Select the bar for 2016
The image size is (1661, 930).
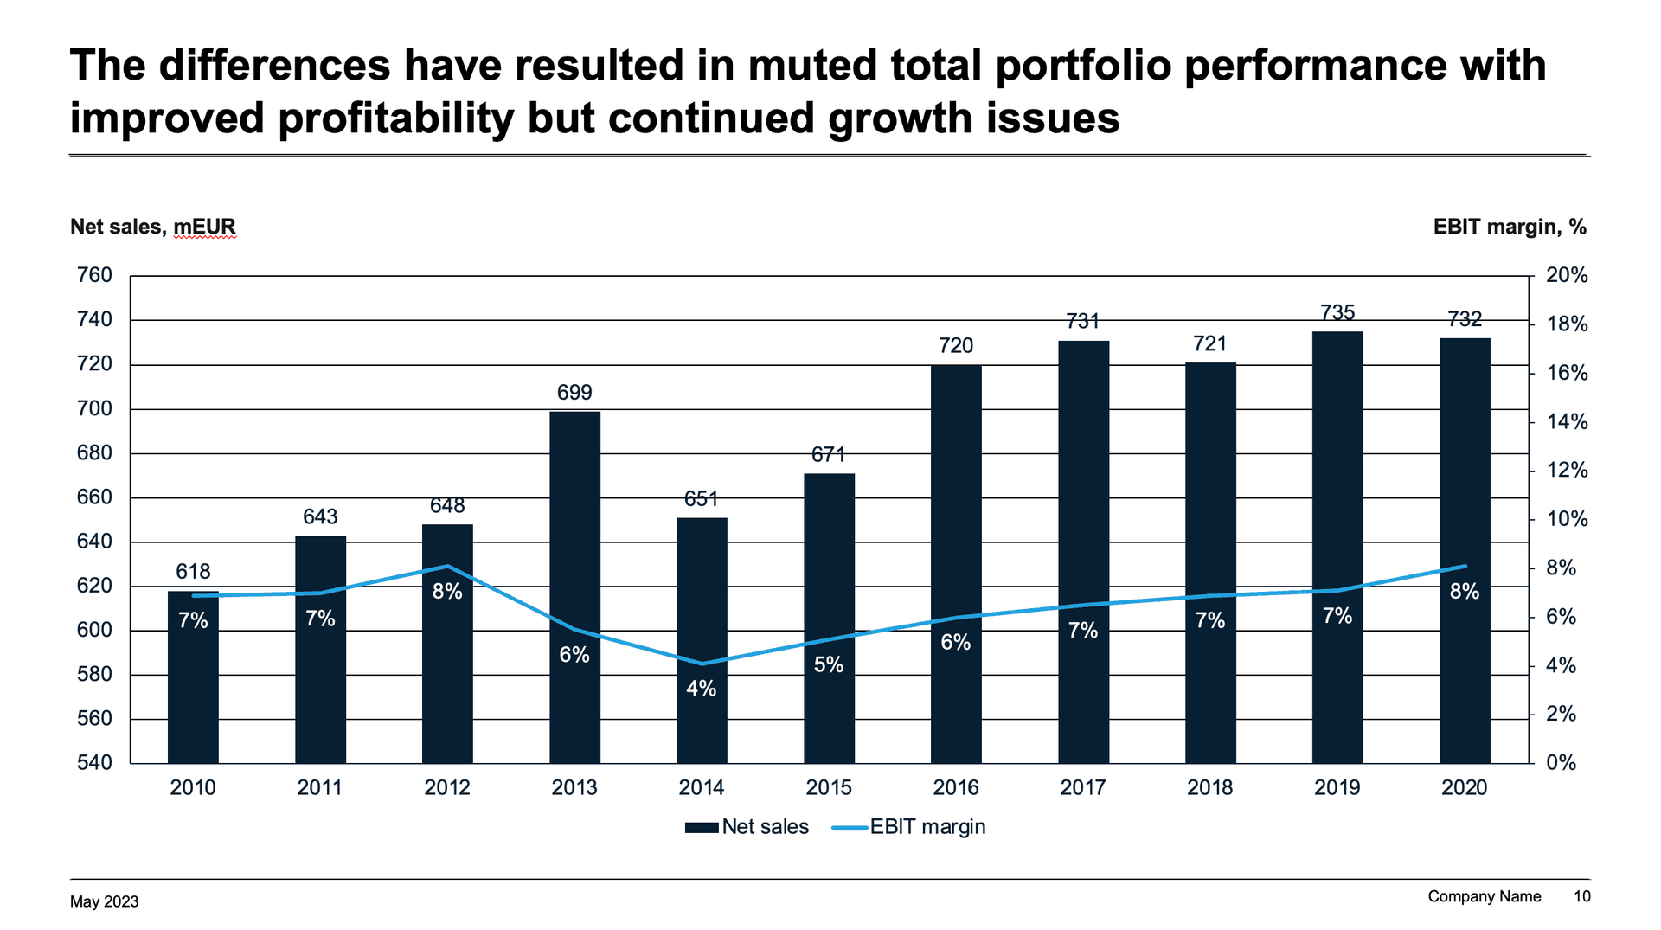(x=956, y=562)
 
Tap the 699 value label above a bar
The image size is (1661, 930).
(x=574, y=393)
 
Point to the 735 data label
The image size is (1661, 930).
(x=1337, y=312)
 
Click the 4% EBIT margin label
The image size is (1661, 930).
(x=701, y=689)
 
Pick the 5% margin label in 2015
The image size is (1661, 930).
(x=828, y=664)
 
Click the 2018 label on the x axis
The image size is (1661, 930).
(x=1209, y=787)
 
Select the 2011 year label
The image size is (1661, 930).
(x=319, y=787)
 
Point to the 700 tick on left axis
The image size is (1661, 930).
(x=95, y=408)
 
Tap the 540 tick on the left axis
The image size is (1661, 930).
(x=95, y=762)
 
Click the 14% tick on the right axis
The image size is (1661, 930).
(x=1567, y=422)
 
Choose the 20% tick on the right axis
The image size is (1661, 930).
(x=1567, y=275)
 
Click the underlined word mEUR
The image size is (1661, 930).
(x=204, y=227)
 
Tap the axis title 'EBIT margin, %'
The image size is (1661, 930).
(x=1510, y=227)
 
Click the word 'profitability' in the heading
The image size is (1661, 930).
(x=395, y=119)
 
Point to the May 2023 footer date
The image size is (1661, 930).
(x=104, y=901)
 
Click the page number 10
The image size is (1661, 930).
(x=1581, y=896)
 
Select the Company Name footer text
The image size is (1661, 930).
(x=1484, y=896)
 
